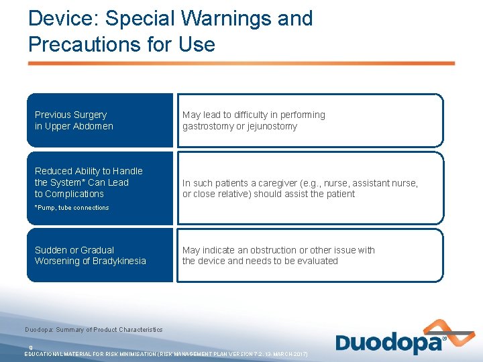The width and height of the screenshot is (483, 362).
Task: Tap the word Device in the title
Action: tap(60, 18)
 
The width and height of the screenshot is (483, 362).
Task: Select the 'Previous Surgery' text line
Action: tap(70, 115)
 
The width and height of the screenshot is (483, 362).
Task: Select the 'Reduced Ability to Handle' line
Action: tap(89, 171)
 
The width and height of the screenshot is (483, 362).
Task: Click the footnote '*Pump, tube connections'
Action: tap(71, 208)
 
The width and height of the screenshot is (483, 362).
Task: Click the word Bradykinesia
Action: tap(119, 261)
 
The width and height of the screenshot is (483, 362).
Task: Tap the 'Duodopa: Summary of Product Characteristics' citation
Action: tap(94, 329)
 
